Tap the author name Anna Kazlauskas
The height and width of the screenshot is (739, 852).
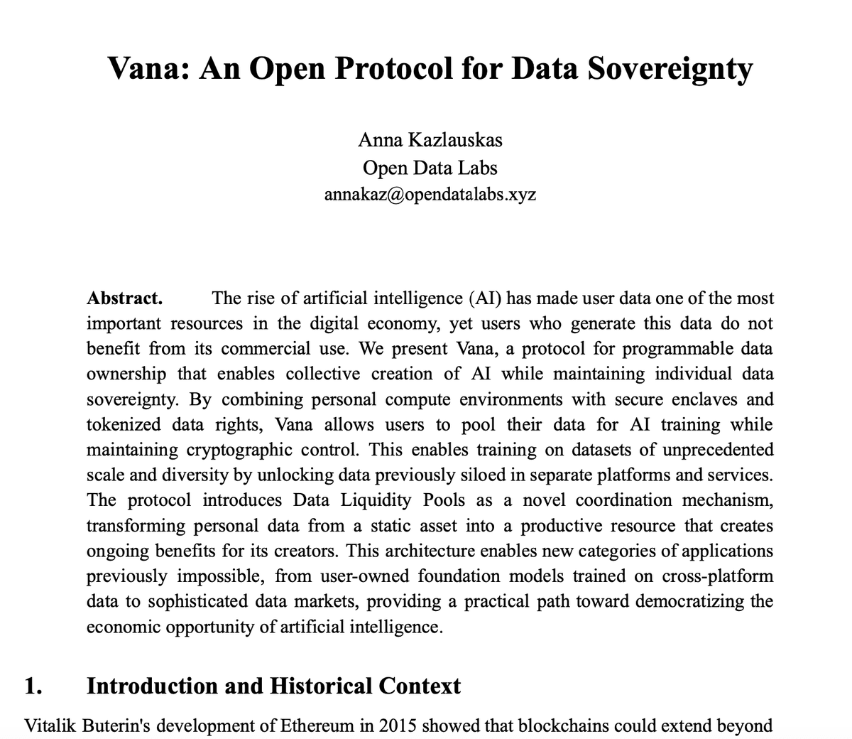430,139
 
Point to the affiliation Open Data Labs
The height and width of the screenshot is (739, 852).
430,168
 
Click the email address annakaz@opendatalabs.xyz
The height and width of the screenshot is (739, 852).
430,194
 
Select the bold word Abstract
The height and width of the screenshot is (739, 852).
124,298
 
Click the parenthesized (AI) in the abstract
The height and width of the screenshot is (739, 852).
484,298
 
